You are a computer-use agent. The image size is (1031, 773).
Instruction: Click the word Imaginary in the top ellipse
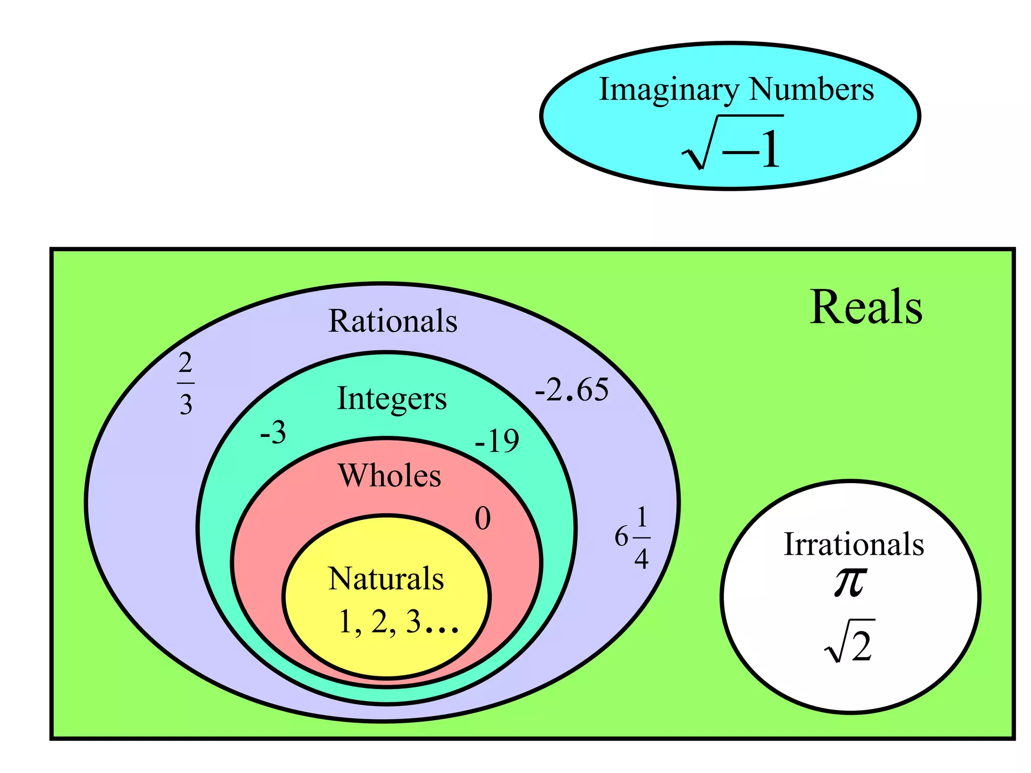[x=669, y=91]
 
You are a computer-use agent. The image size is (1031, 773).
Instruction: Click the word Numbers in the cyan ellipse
[x=811, y=90]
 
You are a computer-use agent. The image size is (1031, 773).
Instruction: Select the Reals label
[x=866, y=307]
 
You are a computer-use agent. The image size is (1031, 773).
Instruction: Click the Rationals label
[x=393, y=321]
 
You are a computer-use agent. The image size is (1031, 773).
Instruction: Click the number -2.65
[x=571, y=390]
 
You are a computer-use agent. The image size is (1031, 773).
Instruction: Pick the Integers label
[x=392, y=399]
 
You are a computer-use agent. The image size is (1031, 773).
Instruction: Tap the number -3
[x=273, y=433]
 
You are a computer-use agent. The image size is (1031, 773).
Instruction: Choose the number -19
[x=497, y=441]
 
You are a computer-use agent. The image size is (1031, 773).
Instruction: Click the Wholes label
[x=390, y=476]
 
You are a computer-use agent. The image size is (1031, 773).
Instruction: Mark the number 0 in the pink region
[x=482, y=518]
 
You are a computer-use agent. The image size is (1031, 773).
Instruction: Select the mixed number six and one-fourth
[x=632, y=537]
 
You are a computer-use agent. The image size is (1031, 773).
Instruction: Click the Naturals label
[x=386, y=579]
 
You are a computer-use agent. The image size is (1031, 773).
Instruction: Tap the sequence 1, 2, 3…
[x=398, y=622]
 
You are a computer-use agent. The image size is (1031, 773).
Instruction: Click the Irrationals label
[x=854, y=545]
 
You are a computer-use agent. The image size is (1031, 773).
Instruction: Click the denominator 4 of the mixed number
[x=641, y=559]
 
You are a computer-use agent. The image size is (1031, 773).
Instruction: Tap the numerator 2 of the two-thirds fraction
[x=185, y=363]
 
